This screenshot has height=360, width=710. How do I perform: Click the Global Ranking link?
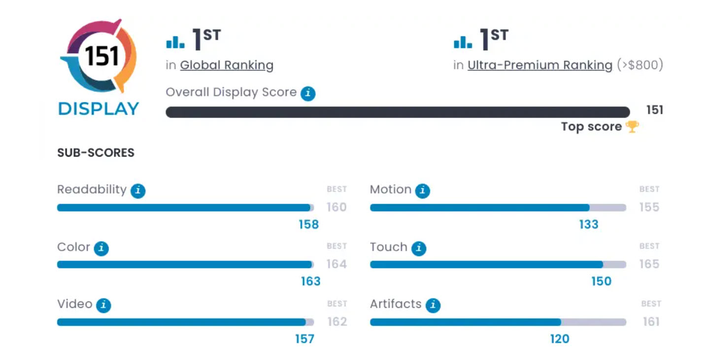[x=226, y=65]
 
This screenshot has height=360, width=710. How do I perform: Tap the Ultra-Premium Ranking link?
[x=540, y=65]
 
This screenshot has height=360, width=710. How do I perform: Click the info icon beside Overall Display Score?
[x=308, y=93]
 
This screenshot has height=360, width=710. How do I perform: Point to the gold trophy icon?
[x=632, y=127]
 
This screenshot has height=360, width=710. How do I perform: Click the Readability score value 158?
[x=309, y=225]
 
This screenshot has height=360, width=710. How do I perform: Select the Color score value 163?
[x=311, y=281]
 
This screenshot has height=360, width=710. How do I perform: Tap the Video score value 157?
[x=304, y=339]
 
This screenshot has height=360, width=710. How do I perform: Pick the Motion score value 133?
[x=589, y=225]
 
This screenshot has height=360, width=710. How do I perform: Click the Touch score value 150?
[x=601, y=281]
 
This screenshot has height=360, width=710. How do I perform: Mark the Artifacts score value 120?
[x=559, y=339]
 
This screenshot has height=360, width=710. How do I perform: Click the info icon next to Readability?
[x=138, y=191]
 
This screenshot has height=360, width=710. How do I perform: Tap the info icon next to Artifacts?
[x=433, y=305]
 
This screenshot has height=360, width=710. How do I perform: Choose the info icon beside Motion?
[x=422, y=191]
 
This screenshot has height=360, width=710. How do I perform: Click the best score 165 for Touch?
[x=649, y=264]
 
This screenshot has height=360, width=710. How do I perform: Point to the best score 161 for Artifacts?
[x=651, y=322]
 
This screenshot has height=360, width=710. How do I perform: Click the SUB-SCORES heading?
[x=96, y=153]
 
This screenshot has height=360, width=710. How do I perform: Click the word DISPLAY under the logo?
[x=99, y=109]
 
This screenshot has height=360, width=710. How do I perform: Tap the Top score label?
[x=591, y=127]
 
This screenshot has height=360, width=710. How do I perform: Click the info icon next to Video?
[x=103, y=305]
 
